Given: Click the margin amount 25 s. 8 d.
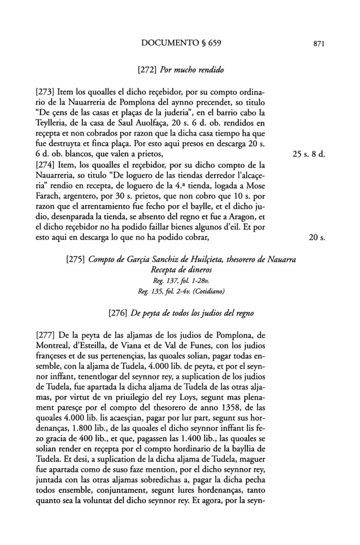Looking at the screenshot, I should (309, 155).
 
